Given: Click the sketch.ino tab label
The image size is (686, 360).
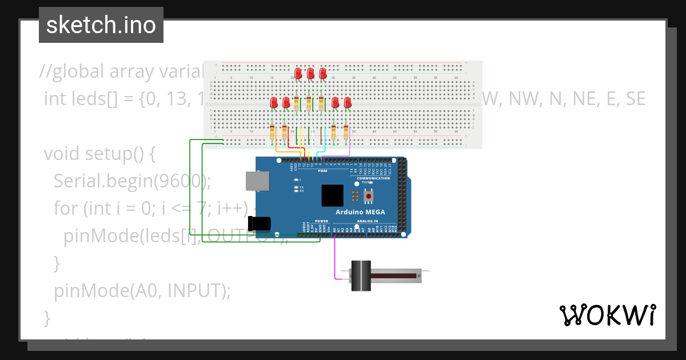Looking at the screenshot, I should point(101,25).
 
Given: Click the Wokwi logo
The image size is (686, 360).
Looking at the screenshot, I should point(607,315).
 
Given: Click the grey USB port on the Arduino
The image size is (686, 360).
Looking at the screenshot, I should point(256,181).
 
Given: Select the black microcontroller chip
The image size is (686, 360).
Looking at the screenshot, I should point(332,195).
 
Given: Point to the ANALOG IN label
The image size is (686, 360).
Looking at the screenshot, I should point(368,221).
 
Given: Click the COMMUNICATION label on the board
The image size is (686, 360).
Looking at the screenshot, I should point(373,178).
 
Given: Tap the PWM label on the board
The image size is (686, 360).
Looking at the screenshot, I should point(322,170).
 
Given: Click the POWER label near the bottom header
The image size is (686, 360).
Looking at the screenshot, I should point(322,221).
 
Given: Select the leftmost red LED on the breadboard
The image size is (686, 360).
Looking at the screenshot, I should point(274,103).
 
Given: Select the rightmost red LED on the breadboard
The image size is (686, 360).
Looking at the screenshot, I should point(348,103).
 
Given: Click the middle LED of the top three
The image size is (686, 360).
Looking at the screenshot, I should point(310,74).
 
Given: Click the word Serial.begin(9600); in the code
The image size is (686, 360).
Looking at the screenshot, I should point(132,181).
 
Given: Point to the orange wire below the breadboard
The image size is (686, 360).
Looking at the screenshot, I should point(286,151).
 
